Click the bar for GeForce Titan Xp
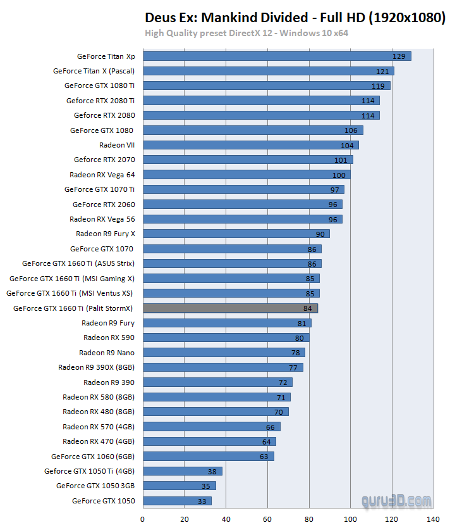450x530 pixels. point(277,56)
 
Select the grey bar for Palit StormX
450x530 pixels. point(230,308)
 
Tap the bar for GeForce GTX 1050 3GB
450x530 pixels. point(179,486)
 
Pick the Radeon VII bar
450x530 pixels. point(250,145)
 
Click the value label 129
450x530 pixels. point(399,56)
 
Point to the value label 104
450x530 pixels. point(347,145)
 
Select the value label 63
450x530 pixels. point(264,456)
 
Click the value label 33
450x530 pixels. point(202,501)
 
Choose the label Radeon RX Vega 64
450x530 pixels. point(102,175)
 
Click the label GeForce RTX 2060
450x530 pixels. point(104,205)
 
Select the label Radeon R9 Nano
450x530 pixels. point(107,353)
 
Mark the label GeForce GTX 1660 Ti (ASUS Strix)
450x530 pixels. point(78,263)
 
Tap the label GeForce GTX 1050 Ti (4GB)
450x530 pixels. point(89,471)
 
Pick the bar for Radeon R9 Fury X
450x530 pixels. point(236,234)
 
